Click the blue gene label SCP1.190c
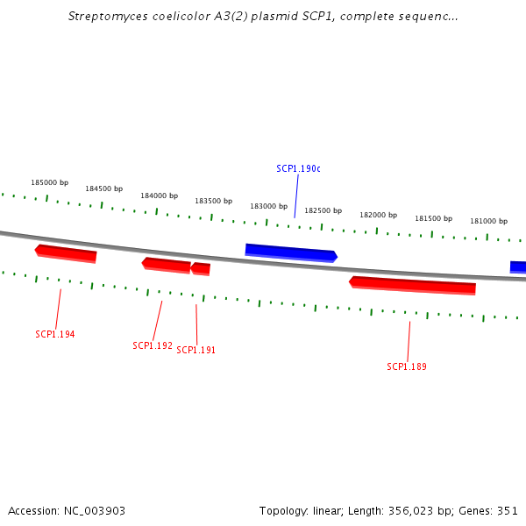298,168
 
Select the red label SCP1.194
55,334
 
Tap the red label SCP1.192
153,345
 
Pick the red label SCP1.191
195,350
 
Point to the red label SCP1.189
407,366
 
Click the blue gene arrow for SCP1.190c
291,253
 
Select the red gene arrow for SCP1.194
66,253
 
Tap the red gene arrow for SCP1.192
167,266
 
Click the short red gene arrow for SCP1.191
201,269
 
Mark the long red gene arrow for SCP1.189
412,286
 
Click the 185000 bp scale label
50,182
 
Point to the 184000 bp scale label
159,195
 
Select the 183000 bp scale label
269,206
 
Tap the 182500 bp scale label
323,210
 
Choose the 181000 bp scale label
489,221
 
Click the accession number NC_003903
95,511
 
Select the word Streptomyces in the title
108,17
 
